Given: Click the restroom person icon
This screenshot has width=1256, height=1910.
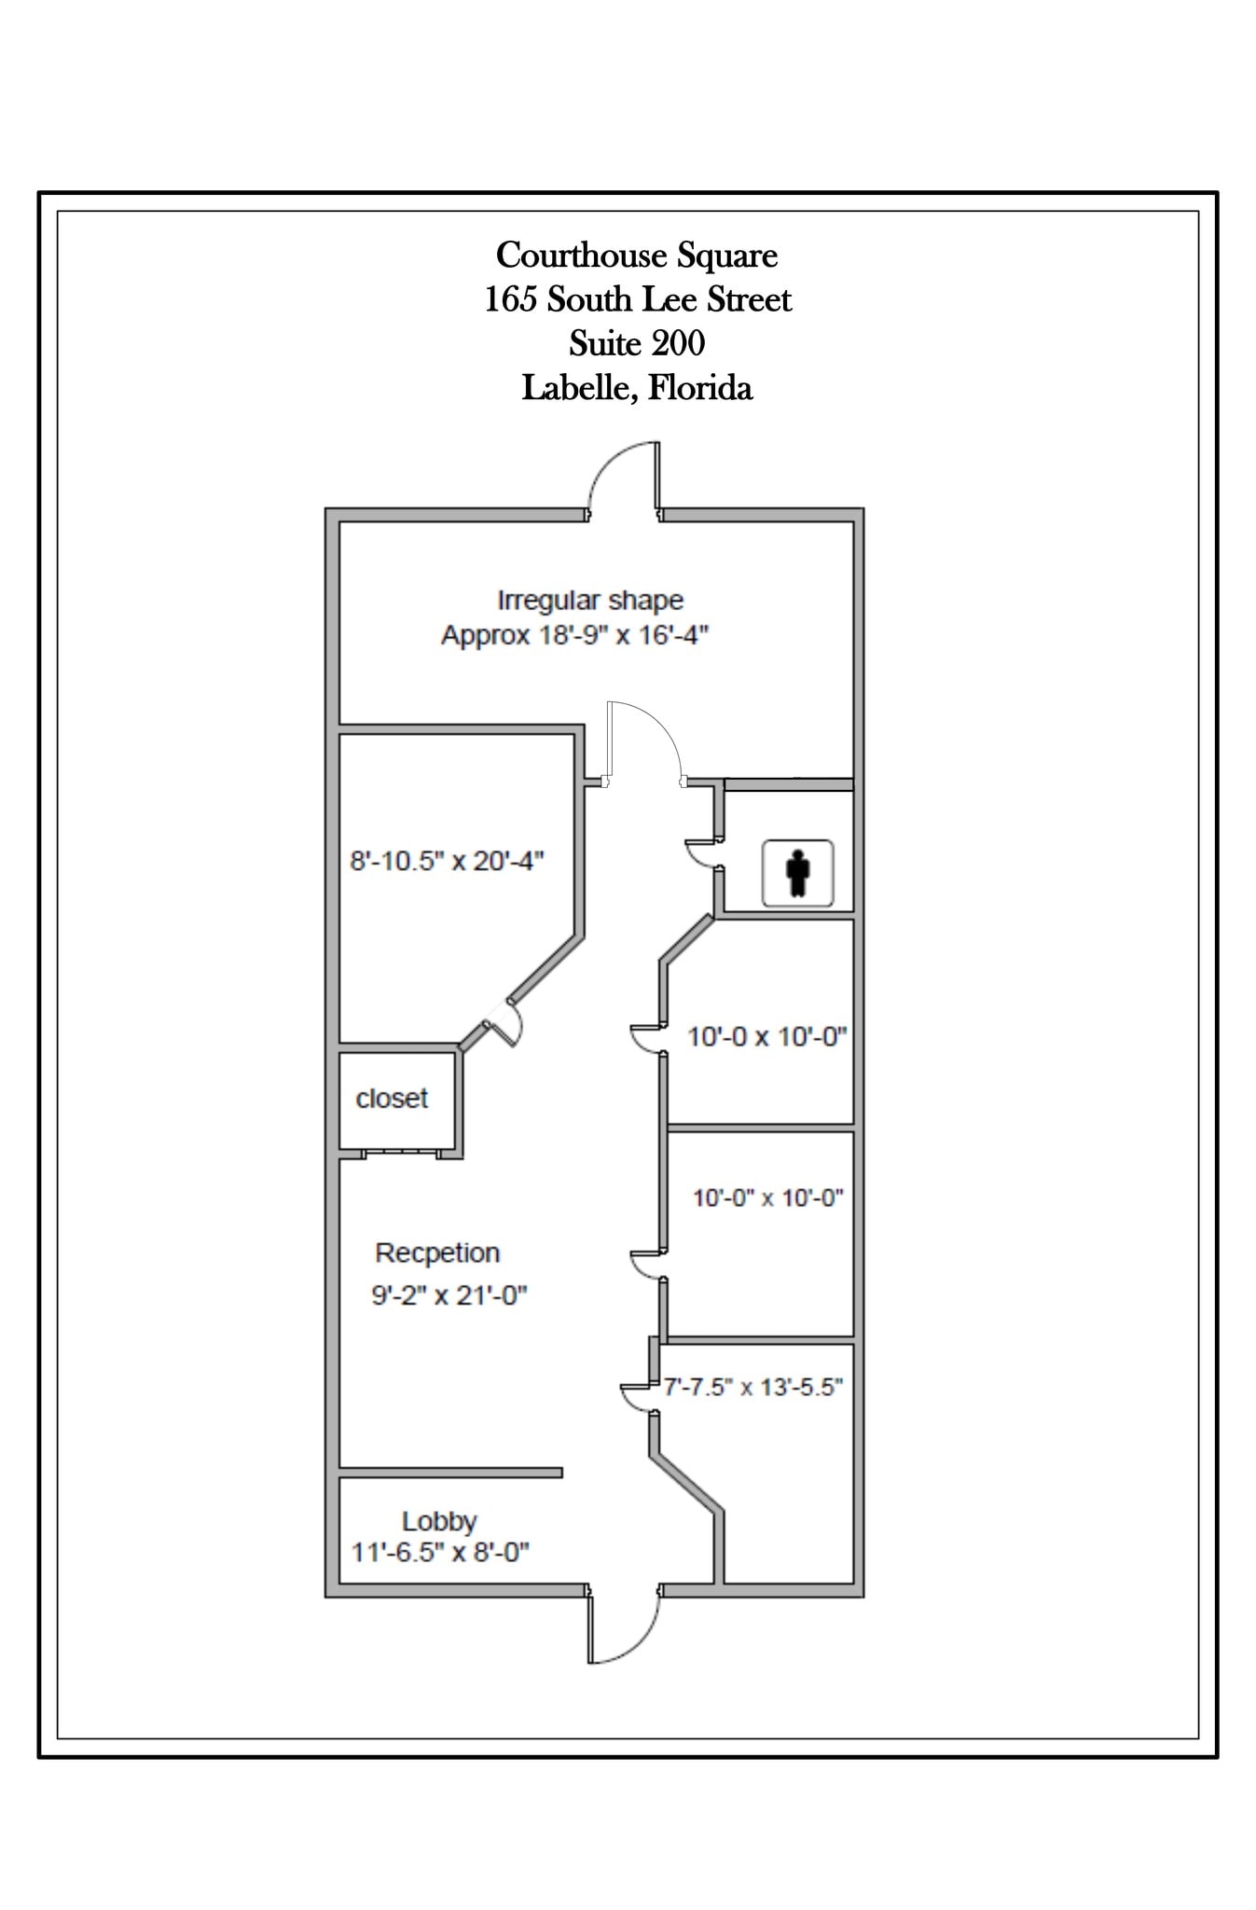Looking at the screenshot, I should tap(797, 873).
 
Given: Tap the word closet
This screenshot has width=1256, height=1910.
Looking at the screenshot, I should tap(392, 1099).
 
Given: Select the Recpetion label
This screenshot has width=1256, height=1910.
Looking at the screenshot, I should tap(437, 1253).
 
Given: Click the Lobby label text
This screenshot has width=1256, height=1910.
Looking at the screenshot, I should tap(439, 1521).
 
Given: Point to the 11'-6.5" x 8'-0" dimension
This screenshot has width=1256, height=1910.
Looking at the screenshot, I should tap(440, 1553).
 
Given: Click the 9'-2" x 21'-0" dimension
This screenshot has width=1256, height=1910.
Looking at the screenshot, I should tap(449, 1295).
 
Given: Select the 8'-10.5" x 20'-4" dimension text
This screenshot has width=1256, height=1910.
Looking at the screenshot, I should tap(447, 860).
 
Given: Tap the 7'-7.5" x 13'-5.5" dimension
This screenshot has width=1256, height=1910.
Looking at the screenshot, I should tap(752, 1387).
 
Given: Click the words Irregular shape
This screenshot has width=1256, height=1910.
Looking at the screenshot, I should tap(590, 600).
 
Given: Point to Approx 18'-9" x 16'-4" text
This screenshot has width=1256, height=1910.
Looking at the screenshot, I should tap(574, 635).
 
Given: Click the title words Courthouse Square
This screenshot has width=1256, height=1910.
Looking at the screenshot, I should tap(637, 255).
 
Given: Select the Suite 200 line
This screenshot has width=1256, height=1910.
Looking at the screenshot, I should tap(637, 343).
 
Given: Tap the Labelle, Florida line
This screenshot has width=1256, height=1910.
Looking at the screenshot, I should tap(637, 387).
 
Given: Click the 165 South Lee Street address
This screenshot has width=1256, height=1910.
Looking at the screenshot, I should tap(637, 299).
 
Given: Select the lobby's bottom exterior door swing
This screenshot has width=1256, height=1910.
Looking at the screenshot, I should tap(623, 1630).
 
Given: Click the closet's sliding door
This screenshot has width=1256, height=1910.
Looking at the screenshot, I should tap(400, 1153).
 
